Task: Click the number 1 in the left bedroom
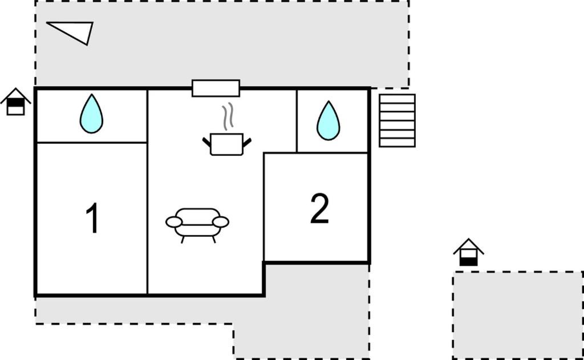(x=92, y=218)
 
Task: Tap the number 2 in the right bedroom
(x=319, y=209)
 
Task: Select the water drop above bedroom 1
(x=91, y=114)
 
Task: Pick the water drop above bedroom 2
(x=328, y=121)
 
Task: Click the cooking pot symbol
(x=227, y=144)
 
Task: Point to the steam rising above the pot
(x=228, y=116)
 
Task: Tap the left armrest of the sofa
(x=174, y=222)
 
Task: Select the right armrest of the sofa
(x=221, y=222)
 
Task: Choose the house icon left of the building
(x=15, y=102)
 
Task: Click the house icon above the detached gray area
(x=469, y=252)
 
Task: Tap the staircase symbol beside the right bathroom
(x=398, y=120)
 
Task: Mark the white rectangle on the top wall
(x=216, y=88)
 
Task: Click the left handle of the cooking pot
(x=206, y=142)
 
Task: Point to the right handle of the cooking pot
(x=247, y=142)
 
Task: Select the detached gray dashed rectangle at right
(x=518, y=315)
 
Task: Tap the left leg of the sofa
(x=182, y=240)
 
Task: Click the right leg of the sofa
(x=214, y=240)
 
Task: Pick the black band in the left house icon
(x=15, y=103)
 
